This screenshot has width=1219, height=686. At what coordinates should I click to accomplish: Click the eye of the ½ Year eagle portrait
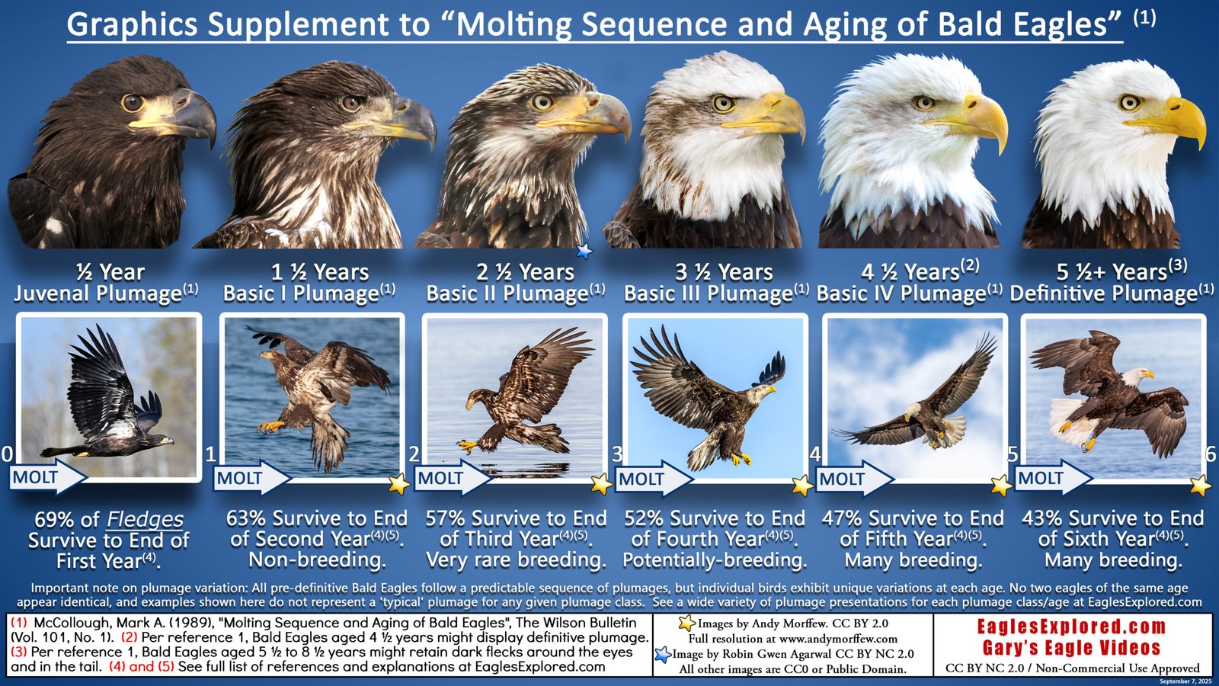[132, 102]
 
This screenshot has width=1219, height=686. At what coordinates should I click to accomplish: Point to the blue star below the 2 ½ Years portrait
[584, 250]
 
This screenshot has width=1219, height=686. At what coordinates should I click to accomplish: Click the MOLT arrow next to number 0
[46, 478]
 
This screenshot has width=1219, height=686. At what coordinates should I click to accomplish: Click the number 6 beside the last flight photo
[1211, 455]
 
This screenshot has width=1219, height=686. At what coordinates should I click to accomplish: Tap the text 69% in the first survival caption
[55, 520]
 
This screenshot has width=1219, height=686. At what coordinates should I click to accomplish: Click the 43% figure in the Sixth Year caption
[1042, 518]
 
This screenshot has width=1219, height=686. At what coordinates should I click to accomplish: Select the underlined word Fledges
[145, 520]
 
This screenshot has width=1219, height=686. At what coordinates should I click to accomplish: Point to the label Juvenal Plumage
[98, 294]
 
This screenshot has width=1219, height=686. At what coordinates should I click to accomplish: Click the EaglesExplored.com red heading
[1071, 627]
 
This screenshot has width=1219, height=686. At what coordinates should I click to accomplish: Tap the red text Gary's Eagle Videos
[1071, 649]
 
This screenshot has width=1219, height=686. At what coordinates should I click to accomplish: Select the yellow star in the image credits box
[686, 623]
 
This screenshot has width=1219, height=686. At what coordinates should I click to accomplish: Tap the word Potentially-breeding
[715, 561]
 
